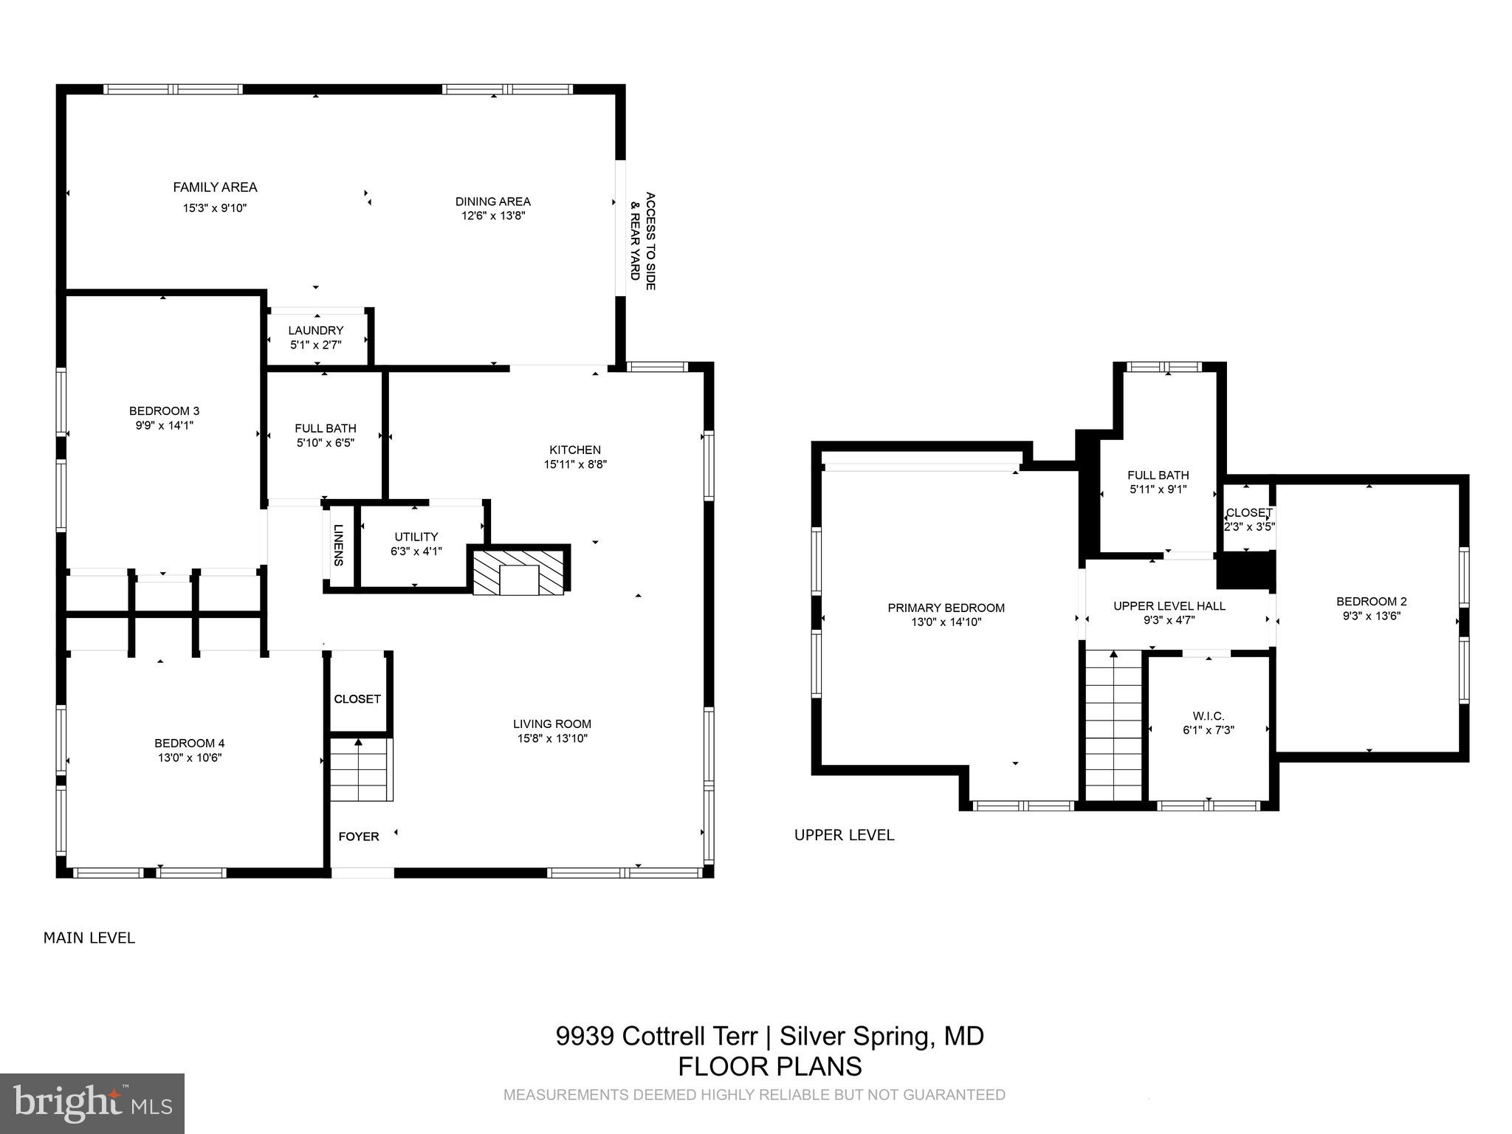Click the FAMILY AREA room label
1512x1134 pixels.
[215, 188]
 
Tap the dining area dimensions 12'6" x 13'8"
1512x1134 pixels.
[492, 216]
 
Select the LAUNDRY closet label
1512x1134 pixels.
[315, 331]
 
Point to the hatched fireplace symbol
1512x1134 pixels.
[519, 571]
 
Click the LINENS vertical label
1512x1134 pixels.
[339, 545]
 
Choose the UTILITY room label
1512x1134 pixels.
[416, 537]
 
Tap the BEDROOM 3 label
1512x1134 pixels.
[164, 411]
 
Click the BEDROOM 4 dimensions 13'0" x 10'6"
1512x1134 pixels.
[189, 757]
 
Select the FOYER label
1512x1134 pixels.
[359, 836]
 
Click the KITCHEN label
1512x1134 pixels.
[574, 450]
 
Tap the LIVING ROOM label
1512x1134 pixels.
[552, 724]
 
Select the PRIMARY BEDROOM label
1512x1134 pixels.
[946, 608]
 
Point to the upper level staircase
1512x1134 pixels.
[1114, 727]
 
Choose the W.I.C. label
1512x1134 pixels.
[1208, 716]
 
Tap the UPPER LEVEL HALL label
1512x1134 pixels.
[1169, 606]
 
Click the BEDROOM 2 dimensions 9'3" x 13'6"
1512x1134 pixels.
[1371, 616]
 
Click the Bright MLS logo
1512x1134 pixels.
[92, 1103]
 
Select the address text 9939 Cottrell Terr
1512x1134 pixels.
[656, 1036]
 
